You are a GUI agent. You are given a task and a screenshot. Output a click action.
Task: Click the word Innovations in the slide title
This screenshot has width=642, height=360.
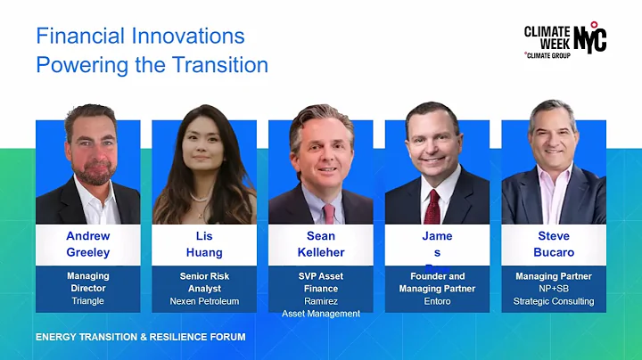(192, 37)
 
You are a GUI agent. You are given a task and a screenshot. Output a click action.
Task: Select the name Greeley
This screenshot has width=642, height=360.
(87, 252)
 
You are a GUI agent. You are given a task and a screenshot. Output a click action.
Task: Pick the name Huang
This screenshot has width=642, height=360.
(204, 252)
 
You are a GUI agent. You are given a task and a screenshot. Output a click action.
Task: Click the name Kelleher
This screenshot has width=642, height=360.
(320, 252)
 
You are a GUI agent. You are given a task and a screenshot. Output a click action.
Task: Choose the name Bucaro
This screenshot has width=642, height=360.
(553, 252)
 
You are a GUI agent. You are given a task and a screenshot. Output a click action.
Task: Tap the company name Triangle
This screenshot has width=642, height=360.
(87, 301)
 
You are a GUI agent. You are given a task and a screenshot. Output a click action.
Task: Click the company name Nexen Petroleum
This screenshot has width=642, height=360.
(204, 301)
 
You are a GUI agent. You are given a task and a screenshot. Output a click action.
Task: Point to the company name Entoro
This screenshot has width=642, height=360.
(437, 301)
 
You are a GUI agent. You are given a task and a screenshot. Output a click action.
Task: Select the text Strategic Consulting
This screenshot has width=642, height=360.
(553, 301)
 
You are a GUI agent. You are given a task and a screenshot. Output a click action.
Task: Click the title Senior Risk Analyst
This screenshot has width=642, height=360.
(204, 282)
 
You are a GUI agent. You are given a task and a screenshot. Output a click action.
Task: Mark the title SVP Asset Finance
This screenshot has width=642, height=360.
(320, 282)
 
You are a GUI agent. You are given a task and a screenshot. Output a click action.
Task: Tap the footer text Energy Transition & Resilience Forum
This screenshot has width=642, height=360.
(140, 338)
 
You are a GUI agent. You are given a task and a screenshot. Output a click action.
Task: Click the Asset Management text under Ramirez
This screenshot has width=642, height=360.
(320, 314)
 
